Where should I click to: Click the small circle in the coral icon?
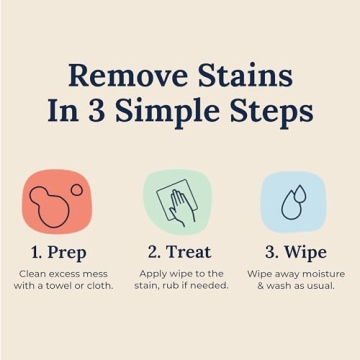click(75, 189)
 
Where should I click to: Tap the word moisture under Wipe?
click(321, 273)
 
